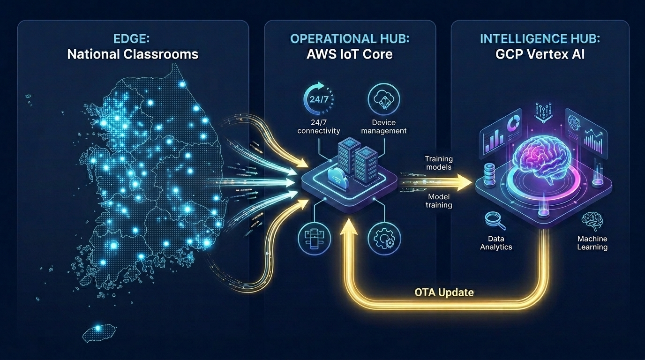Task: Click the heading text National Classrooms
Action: pyautogui.click(x=133, y=54)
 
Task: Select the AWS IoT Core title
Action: pyautogui.click(x=349, y=54)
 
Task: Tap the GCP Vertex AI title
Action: pyautogui.click(x=540, y=54)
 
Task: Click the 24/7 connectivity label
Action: pyautogui.click(x=319, y=127)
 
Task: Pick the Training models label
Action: pyautogui.click(x=438, y=163)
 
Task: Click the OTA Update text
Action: pyautogui.click(x=444, y=292)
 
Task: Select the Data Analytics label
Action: pyautogui.click(x=496, y=242)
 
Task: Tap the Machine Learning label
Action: pyautogui.click(x=592, y=243)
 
